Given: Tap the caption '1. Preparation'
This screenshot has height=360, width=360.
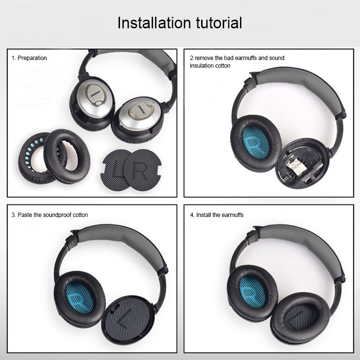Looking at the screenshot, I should pos(29,58).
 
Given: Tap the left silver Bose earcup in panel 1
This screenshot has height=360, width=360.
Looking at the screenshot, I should pos(94,98).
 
